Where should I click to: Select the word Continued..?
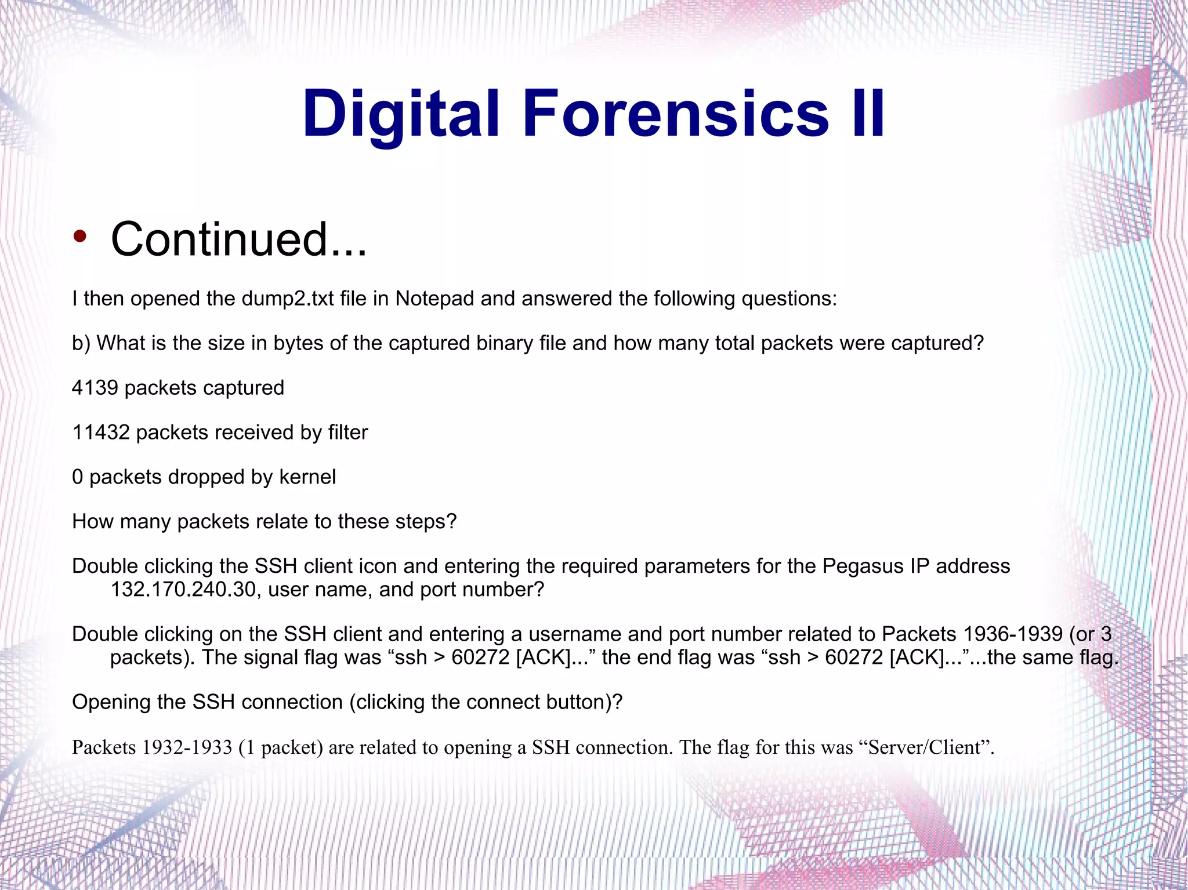point(238,239)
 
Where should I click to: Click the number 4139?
point(95,388)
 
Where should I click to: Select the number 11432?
point(101,433)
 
